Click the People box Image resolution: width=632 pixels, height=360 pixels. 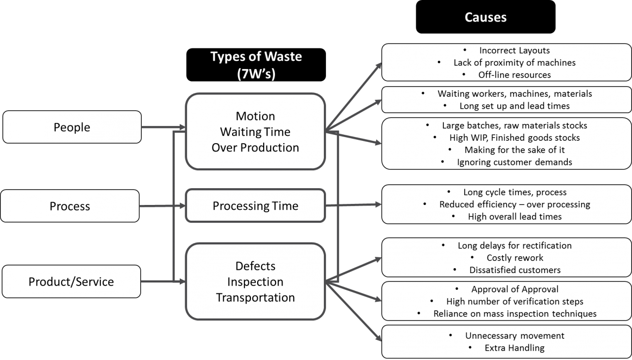pos(72,127)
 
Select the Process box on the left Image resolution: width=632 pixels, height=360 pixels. pos(70,206)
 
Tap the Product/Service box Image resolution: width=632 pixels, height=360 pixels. pos(71,282)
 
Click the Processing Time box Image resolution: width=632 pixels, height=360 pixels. pos(255,206)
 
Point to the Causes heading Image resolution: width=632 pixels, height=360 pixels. pos(485,17)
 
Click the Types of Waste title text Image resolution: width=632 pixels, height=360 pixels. pos(256,56)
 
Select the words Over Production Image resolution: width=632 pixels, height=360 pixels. pos(255,148)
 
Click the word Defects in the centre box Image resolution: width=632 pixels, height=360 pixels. pos(255,266)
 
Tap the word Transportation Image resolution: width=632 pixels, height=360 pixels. pos(255,298)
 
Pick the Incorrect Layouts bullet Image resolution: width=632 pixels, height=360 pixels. pos(514,50)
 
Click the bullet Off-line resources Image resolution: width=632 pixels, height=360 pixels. pos(514,75)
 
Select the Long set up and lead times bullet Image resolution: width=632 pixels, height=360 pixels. pos(514,106)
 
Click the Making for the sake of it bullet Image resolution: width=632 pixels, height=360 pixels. pos(514,150)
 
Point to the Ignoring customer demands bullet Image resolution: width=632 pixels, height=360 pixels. pos(514,162)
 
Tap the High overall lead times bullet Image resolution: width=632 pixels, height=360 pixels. pos(514,216)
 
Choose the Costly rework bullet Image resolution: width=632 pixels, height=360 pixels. pos(514,258)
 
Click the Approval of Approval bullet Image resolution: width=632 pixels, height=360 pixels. pos(514,289)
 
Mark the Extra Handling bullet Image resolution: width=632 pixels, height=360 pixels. pos(514,348)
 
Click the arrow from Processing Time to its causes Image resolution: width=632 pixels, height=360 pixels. pos(353,205)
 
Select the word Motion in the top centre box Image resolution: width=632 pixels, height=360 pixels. pos(255,117)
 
